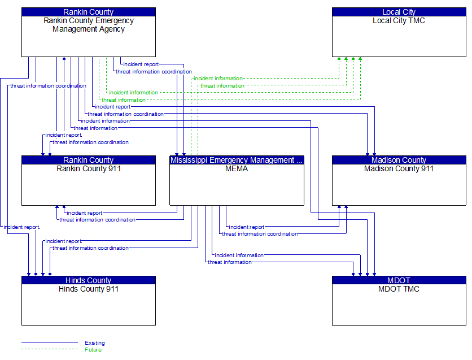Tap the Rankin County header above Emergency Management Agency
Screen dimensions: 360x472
tap(89, 12)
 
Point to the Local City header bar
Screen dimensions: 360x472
tap(399, 12)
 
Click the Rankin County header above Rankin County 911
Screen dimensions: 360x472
tap(89, 160)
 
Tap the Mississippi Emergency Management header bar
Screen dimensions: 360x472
tap(237, 160)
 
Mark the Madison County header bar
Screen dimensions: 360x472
tap(399, 160)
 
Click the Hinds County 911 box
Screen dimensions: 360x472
tap(89, 305)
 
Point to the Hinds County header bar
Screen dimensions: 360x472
tap(89, 280)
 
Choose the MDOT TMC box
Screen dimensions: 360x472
tap(399, 305)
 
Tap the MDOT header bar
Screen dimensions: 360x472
tap(399, 280)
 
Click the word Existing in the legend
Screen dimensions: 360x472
tap(95, 343)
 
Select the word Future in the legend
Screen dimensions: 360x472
tap(93, 350)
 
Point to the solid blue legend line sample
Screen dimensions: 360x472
tap(50, 342)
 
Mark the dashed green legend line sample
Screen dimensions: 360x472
tap(50, 349)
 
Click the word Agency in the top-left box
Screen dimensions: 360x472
tap(111, 29)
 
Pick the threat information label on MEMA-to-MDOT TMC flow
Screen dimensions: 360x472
tap(230, 262)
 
